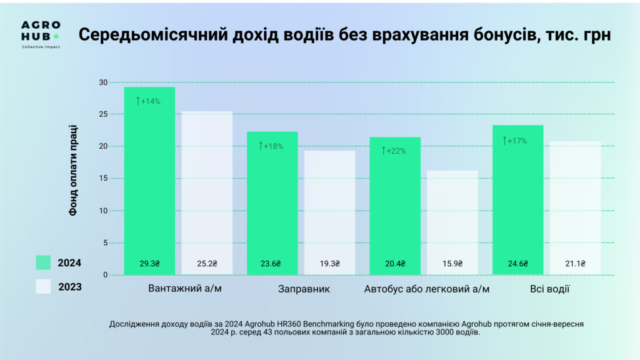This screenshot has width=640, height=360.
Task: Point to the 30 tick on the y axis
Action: point(103,82)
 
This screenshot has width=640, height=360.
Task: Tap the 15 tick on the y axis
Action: point(103,179)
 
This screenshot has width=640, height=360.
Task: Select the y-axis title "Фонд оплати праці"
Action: point(73,179)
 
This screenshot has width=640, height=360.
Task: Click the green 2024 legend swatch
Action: point(42,263)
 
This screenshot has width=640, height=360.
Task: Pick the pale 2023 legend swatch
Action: point(42,287)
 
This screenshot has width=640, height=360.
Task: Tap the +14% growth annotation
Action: point(148,101)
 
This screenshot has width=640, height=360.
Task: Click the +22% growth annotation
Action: point(394,151)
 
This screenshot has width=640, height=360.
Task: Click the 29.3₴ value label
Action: point(149,264)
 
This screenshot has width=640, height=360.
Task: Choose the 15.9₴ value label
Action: point(452,264)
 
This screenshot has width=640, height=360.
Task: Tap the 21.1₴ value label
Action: point(575,264)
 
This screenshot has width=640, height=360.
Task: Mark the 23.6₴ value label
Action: point(271,264)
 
